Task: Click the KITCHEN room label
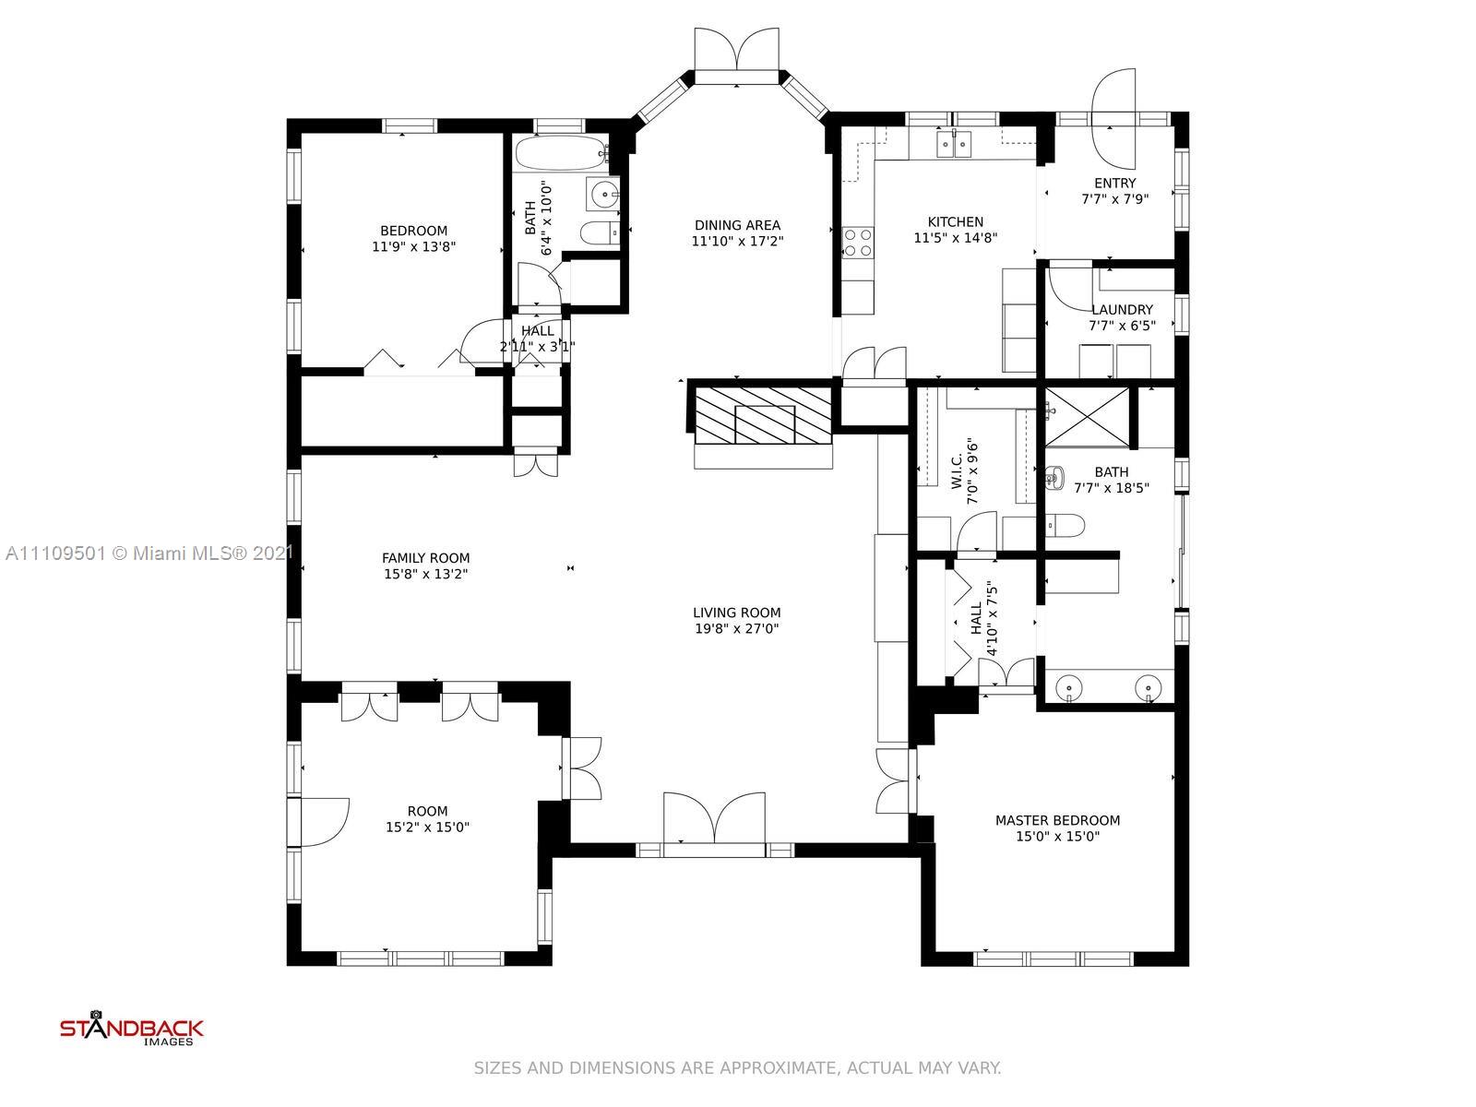(955, 221)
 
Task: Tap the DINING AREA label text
(737, 225)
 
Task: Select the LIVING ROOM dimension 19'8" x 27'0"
(736, 628)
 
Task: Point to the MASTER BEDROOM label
(1057, 820)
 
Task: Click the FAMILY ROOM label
(425, 558)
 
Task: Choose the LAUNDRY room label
(1122, 310)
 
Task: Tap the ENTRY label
(1115, 183)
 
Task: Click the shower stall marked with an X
(1087, 417)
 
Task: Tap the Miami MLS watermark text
(149, 553)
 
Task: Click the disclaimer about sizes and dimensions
(738, 1067)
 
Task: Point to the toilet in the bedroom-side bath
(601, 232)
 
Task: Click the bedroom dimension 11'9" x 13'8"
(413, 246)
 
